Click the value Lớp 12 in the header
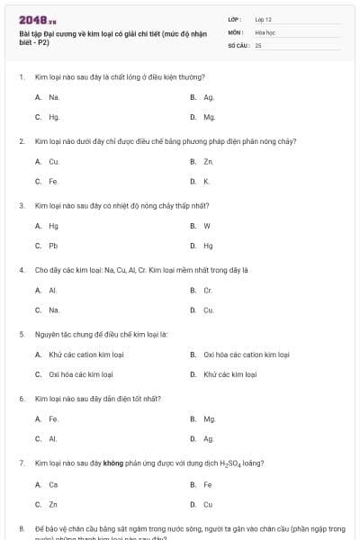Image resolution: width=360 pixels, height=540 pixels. pyautogui.click(x=263, y=19)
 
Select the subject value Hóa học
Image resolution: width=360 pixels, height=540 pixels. pyautogui.click(x=265, y=31)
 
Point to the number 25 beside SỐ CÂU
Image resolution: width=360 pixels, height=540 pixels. pyautogui.click(x=258, y=44)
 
